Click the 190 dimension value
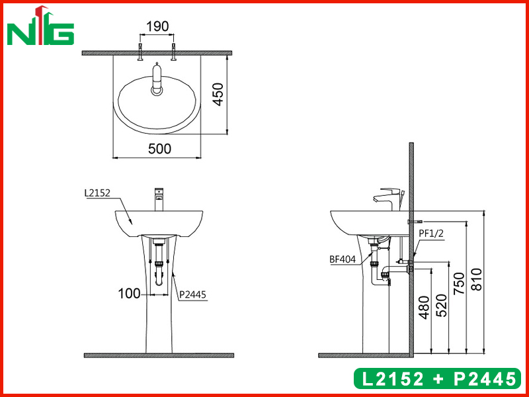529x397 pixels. coord(157,26)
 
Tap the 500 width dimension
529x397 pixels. coord(159,149)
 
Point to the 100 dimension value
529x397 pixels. coord(130,293)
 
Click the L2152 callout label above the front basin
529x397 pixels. coord(97,194)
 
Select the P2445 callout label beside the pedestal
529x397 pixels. coord(190,297)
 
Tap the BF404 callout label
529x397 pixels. coord(343,259)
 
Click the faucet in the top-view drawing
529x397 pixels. coord(157,79)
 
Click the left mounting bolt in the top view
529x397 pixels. coord(140,53)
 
